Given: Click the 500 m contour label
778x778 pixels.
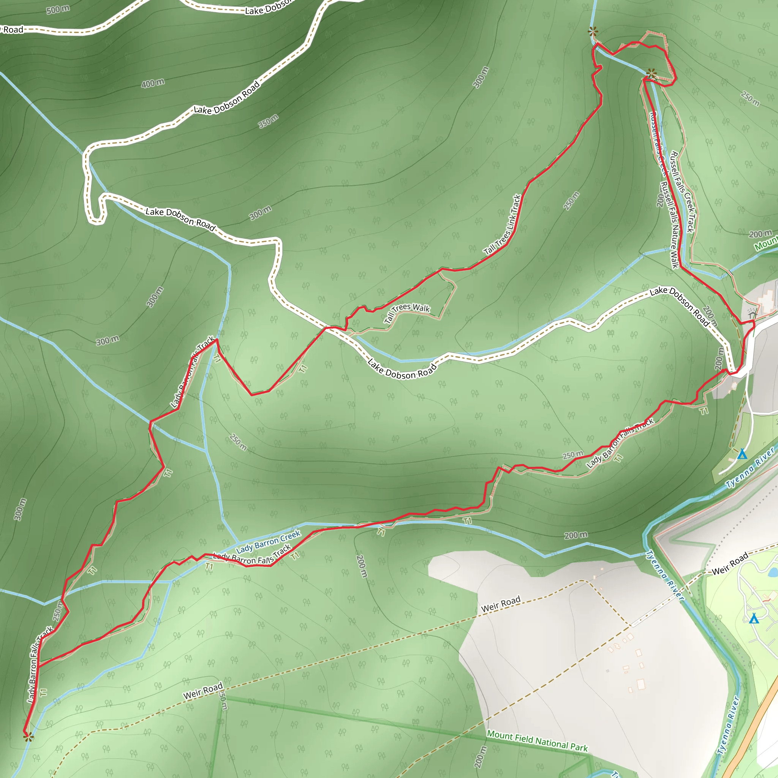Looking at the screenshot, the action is (58, 9).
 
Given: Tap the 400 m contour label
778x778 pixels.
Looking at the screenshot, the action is (153, 83).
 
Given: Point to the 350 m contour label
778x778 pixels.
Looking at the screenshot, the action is (268, 121).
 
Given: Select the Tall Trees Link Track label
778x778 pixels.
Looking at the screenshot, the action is (503, 225).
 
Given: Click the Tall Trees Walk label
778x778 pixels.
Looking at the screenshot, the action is (407, 313).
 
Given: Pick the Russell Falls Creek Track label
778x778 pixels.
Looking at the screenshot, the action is (683, 192).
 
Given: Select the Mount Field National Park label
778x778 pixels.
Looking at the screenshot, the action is (537, 740).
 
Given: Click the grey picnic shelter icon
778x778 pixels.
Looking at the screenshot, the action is (752, 312).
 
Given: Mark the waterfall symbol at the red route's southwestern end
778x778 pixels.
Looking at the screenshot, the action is (28, 737).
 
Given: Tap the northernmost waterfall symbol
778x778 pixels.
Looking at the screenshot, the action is (592, 32).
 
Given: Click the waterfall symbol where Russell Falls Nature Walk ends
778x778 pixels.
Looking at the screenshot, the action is (651, 74).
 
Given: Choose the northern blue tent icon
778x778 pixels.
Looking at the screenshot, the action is (742, 454).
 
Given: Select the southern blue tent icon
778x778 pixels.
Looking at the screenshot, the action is (754, 618).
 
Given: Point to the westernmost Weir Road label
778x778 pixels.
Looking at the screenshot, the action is (203, 691).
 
